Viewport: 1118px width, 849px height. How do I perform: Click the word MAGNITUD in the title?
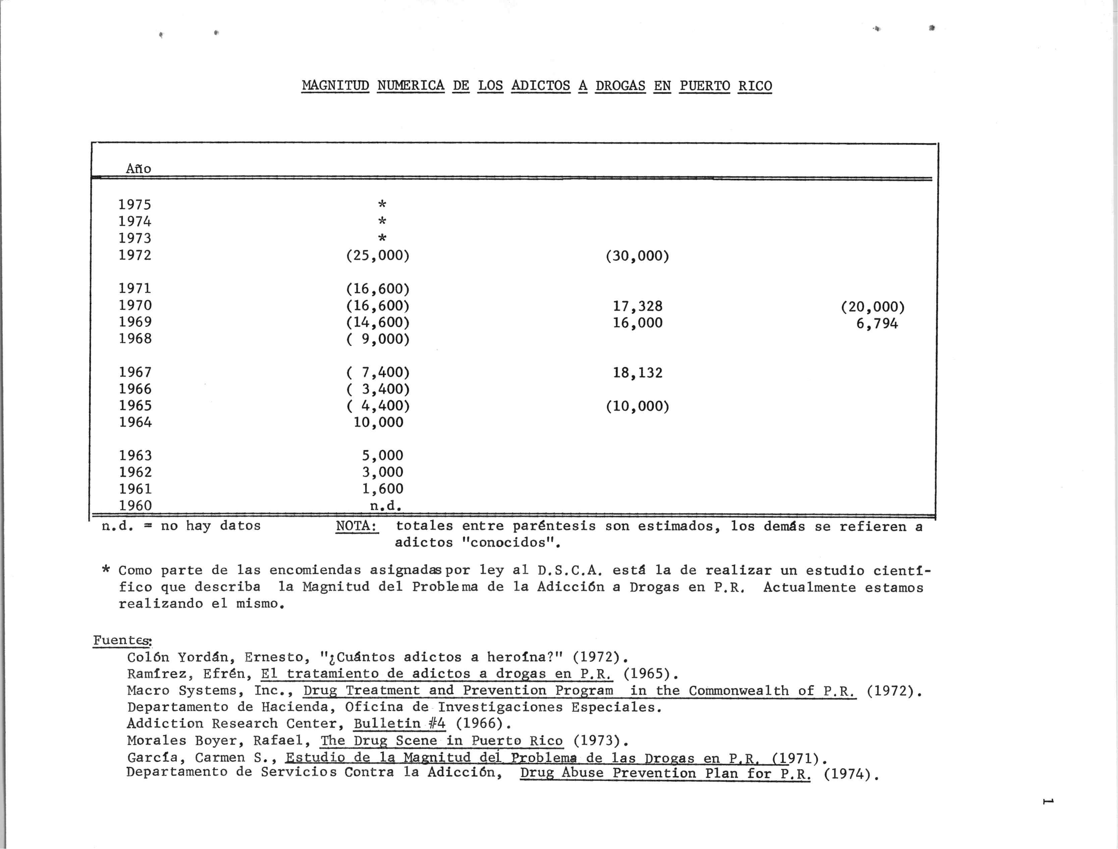click(336, 86)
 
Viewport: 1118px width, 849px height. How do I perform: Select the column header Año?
click(138, 168)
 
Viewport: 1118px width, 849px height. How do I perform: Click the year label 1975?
click(135, 205)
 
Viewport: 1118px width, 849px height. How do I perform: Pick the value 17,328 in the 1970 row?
click(637, 306)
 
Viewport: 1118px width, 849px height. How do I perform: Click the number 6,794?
click(877, 323)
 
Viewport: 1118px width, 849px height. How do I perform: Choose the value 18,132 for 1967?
click(637, 373)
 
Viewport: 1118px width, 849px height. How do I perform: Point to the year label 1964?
click(135, 422)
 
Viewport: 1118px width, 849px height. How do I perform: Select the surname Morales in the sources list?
click(157, 741)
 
